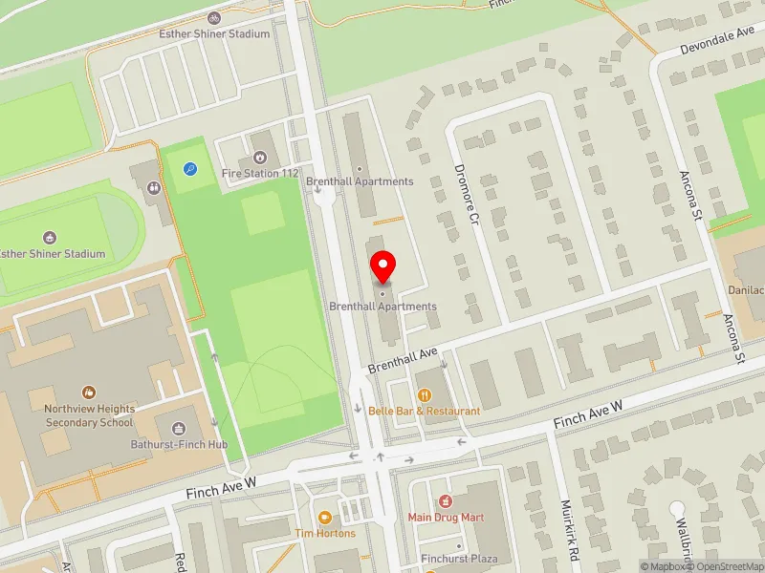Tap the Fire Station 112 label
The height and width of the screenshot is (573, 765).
pyautogui.click(x=260, y=174)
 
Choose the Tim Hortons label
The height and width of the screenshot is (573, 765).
pyautogui.click(x=325, y=534)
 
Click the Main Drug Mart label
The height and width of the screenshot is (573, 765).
pyautogui.click(x=446, y=518)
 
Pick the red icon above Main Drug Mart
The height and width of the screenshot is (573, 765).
pyautogui.click(x=445, y=501)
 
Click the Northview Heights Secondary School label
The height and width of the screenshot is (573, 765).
pyautogui.click(x=89, y=414)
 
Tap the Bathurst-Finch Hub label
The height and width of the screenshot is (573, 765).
pyautogui.click(x=180, y=445)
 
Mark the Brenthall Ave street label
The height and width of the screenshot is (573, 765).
pyautogui.click(x=403, y=360)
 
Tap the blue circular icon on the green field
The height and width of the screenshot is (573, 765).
pyautogui.click(x=190, y=169)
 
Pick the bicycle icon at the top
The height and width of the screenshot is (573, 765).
pyautogui.click(x=213, y=17)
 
